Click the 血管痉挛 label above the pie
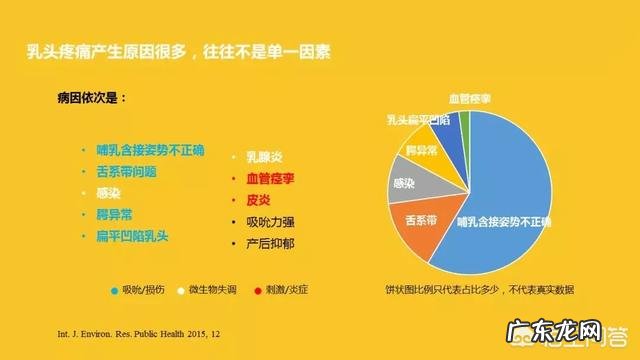(x=469, y=99)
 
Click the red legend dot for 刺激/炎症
(x=258, y=289)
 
